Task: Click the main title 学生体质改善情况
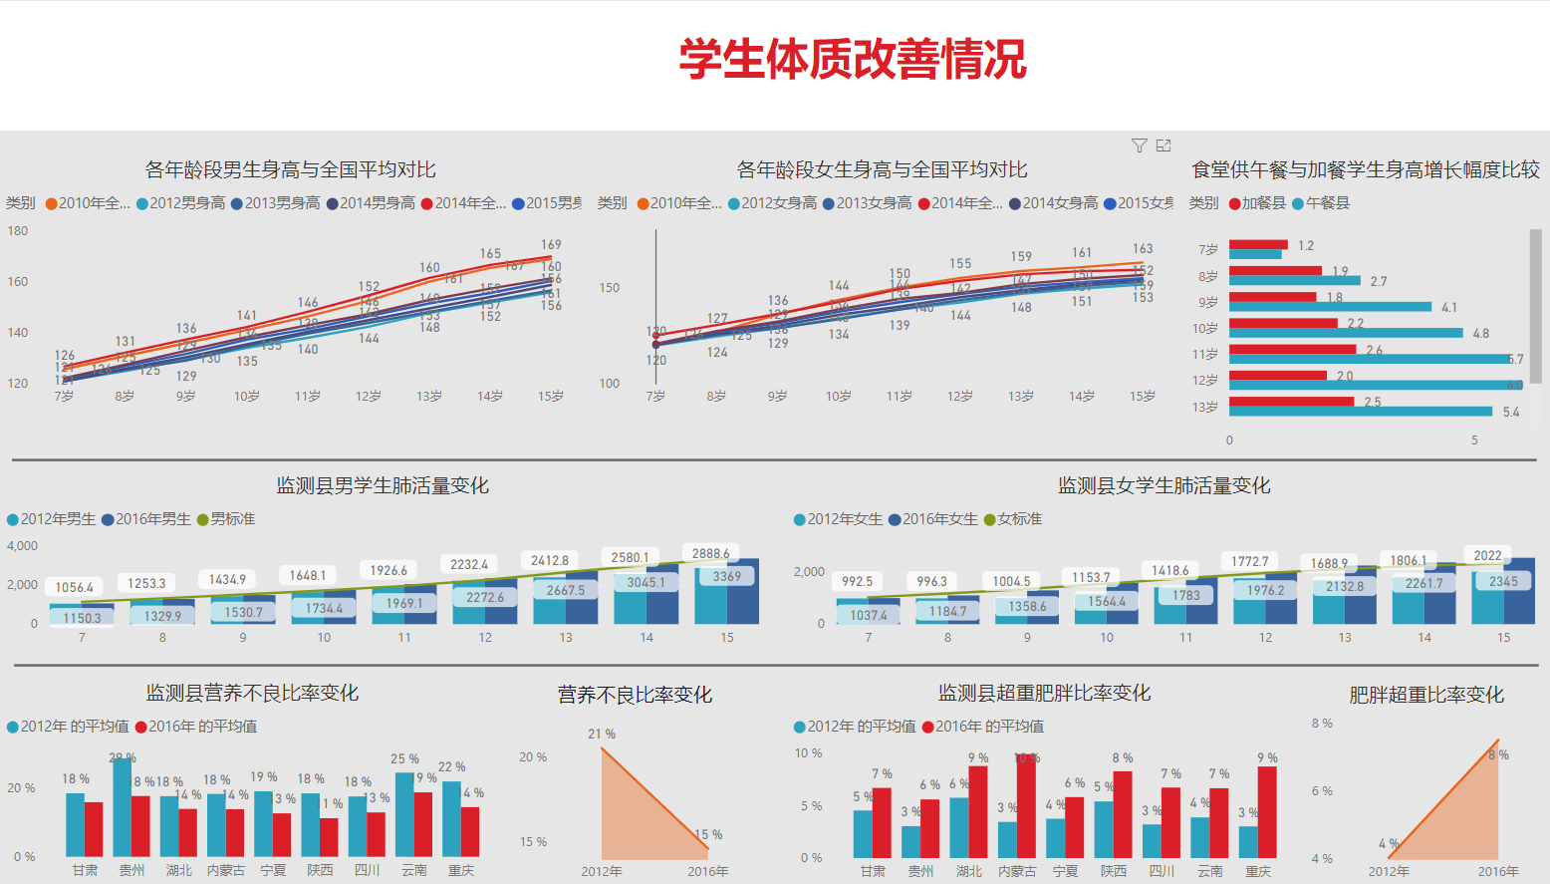pos(853,60)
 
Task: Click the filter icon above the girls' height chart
pos(1140,146)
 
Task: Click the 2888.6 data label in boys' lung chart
pos(710,553)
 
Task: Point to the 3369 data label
pos(726,576)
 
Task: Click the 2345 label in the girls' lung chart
pos(1503,581)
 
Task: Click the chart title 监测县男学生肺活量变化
pos(383,485)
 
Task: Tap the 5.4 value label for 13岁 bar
pos(1511,412)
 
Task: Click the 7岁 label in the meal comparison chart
pos(1207,249)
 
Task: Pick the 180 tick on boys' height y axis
pos(18,230)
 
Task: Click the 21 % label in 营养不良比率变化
pos(602,734)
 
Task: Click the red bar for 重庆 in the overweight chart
pos(1267,811)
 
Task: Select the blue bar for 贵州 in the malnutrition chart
pos(123,807)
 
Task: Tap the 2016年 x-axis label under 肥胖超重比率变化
pos(1498,871)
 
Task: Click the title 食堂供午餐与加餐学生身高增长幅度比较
pos(1366,169)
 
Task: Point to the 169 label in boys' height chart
pos(551,244)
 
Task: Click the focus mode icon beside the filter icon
pos(1163,146)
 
